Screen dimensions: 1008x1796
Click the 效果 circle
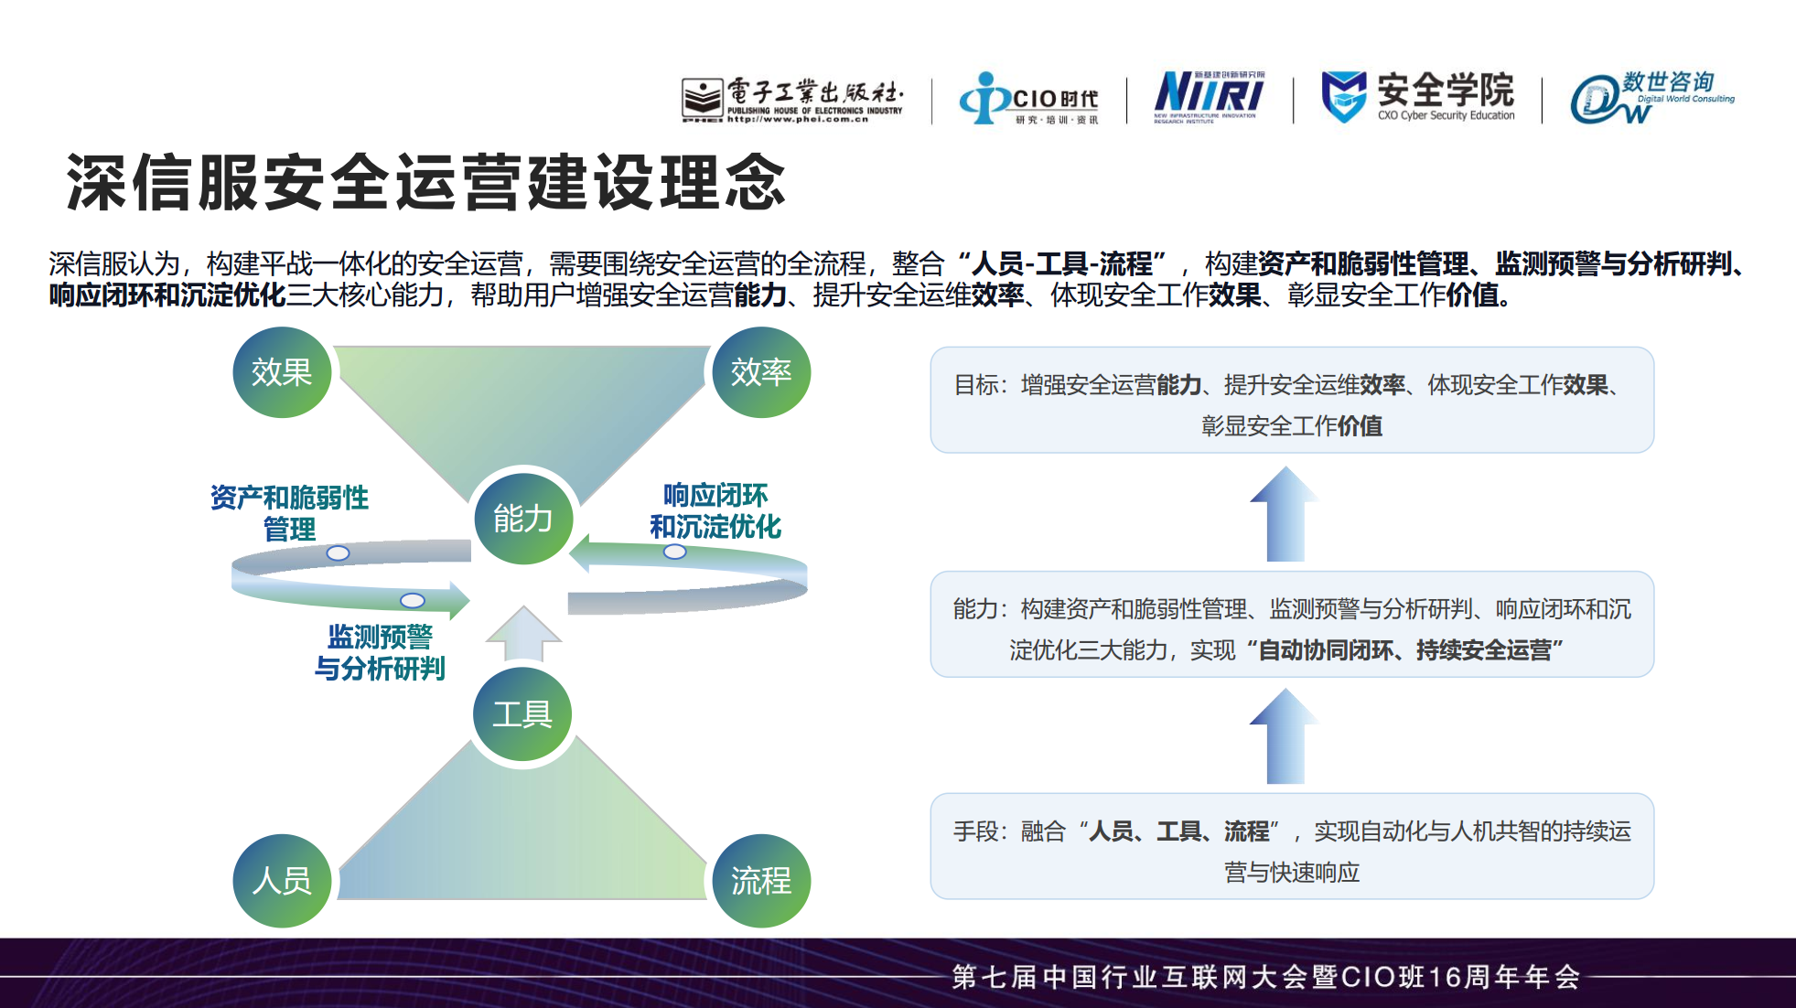pyautogui.click(x=282, y=372)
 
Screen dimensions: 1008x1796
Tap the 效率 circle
pyautogui.click(x=761, y=372)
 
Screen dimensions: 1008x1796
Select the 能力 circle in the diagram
pyautogui.click(x=522, y=519)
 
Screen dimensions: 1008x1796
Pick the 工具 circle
pyautogui.click(x=522, y=713)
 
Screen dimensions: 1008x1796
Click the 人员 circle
pyautogui.click(x=282, y=881)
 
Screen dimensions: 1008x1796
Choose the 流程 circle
pyautogui.click(x=761, y=881)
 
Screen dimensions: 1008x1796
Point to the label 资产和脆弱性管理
pyautogui.click(x=289, y=512)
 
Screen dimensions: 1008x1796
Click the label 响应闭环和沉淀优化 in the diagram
pyautogui.click(x=715, y=510)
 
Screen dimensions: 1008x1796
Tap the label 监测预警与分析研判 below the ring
pyautogui.click(x=380, y=652)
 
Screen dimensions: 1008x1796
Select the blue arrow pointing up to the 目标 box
pyautogui.click(x=1285, y=513)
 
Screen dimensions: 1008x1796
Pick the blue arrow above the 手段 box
pyautogui.click(x=1285, y=735)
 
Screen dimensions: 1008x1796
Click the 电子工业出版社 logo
pyautogui.click(x=792, y=99)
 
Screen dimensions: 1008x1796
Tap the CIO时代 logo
pyautogui.click(x=1028, y=99)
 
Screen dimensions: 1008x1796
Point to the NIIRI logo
pyautogui.click(x=1209, y=95)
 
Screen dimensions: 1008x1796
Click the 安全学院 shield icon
pyautogui.click(x=1343, y=96)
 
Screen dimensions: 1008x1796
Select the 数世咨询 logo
pyautogui.click(x=1651, y=97)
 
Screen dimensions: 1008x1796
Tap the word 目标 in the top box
pyautogui.click(x=975, y=385)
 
